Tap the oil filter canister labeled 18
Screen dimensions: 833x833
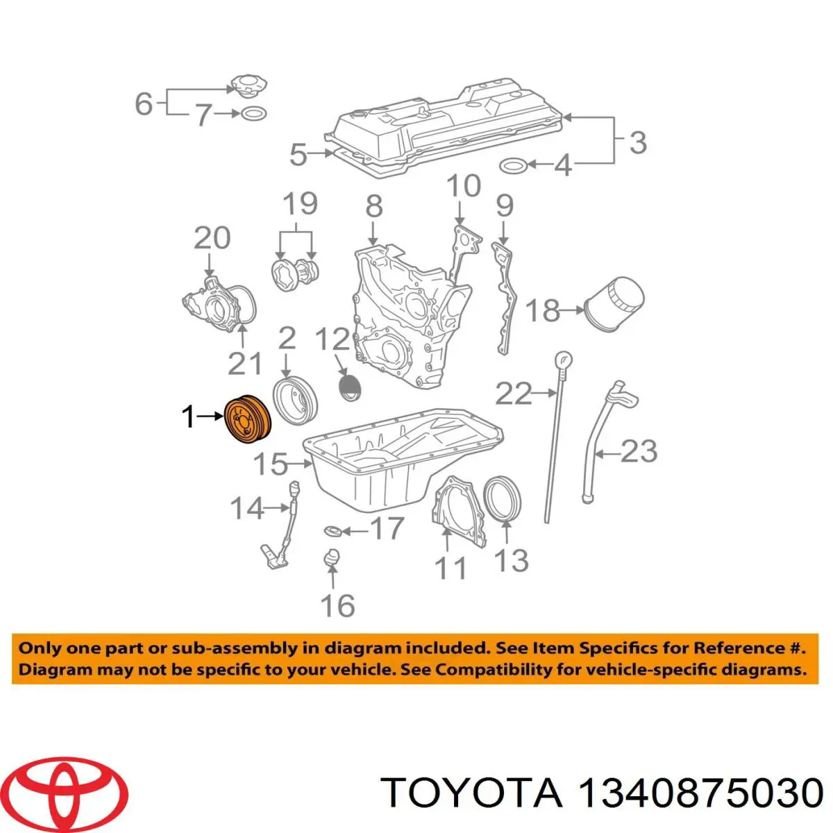click(x=614, y=305)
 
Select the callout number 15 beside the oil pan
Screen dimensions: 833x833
click(x=270, y=464)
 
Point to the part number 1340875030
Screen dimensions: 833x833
click(x=700, y=792)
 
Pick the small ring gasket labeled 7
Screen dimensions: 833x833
click(x=254, y=114)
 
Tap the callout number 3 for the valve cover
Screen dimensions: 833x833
click(x=638, y=142)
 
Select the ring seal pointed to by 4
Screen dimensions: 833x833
click(x=513, y=165)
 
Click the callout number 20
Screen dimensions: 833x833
click(x=212, y=238)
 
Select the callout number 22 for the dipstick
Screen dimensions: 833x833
click(x=514, y=394)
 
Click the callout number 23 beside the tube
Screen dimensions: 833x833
click(x=639, y=451)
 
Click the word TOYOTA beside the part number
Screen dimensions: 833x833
click(x=473, y=792)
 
